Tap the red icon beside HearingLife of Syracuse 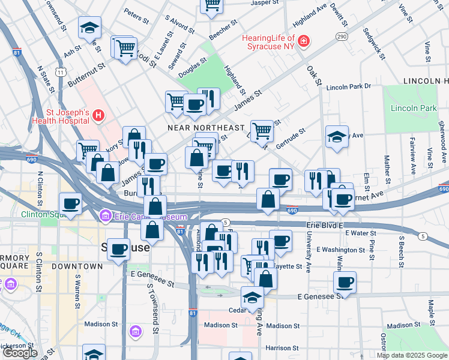(304, 41)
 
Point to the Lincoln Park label (414, 108)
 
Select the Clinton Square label (43, 214)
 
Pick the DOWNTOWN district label (77, 266)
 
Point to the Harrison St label (282, 348)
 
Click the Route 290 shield (342, 37)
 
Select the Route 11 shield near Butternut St (60, 72)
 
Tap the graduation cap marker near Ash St (89, 28)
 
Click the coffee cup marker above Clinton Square (70, 203)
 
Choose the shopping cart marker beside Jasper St (211, 4)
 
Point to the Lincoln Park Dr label (349, 87)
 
